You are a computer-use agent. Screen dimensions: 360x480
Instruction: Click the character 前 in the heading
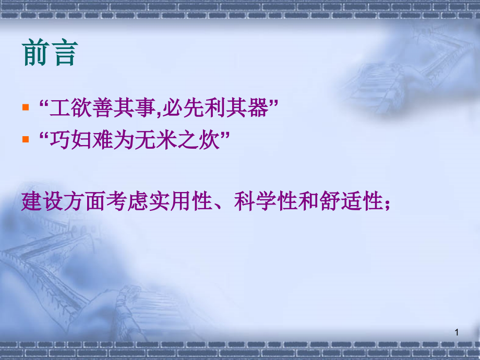point(36,53)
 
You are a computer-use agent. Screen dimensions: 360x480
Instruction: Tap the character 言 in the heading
point(64,53)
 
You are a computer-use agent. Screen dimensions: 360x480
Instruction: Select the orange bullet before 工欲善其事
point(26,109)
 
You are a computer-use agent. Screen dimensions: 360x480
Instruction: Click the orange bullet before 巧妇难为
point(26,140)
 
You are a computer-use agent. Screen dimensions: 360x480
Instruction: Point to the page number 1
point(457,332)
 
